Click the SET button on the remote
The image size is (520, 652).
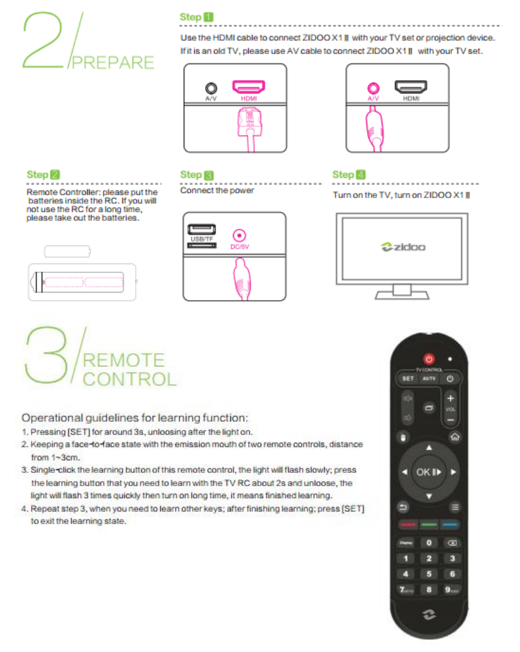coord(408,378)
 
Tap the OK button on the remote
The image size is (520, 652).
coord(428,472)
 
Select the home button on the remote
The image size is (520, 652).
coord(455,436)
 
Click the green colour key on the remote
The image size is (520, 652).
coord(429,525)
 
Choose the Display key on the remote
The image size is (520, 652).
coord(406,543)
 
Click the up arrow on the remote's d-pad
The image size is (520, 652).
coord(429,448)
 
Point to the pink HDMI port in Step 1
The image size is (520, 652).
coord(249,86)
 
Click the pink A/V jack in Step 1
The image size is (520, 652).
coord(373,88)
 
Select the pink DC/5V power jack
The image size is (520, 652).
coord(239,236)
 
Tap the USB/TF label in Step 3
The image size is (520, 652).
coord(202,239)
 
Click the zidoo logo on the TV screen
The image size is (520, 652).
coord(403,247)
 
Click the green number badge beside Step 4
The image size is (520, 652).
coord(361,175)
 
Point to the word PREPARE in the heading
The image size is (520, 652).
coord(113,62)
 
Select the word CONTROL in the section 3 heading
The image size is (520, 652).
coord(129,379)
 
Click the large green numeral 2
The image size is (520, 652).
coord(42,40)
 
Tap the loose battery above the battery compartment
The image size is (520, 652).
coord(68,251)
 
